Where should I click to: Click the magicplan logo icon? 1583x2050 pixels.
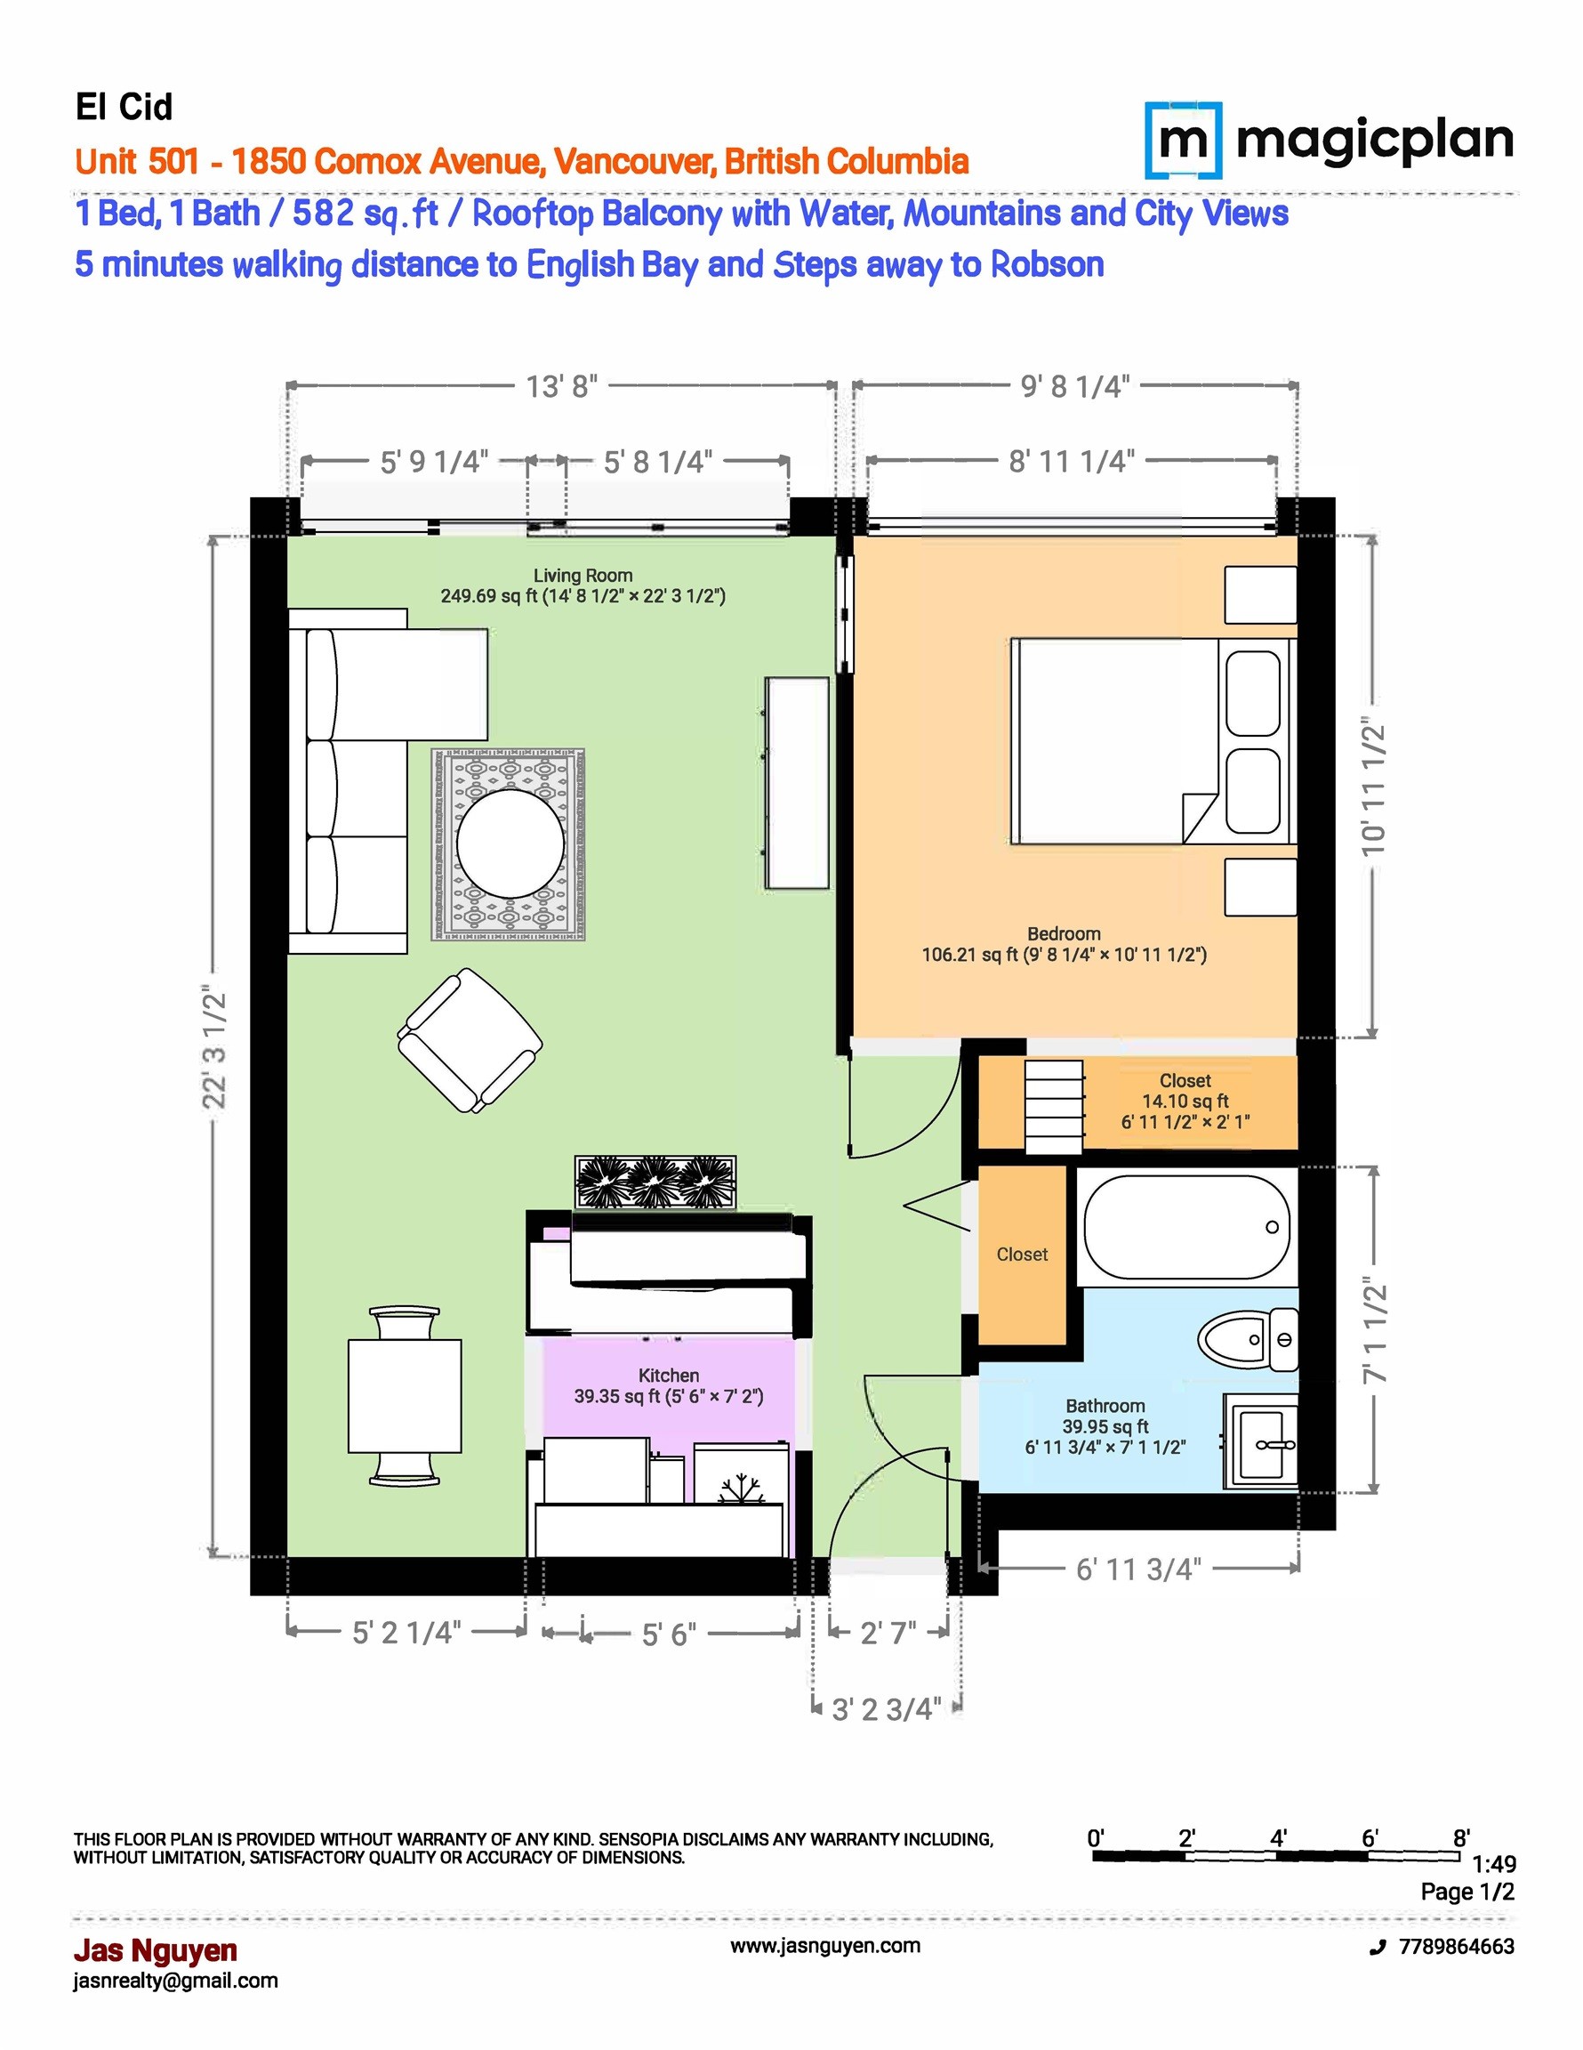pyautogui.click(x=1185, y=141)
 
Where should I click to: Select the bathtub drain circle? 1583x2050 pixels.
pyautogui.click(x=1273, y=1227)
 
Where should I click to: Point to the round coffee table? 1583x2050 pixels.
pyautogui.click(x=510, y=843)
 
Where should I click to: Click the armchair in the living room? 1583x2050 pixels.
pyautogui.click(x=470, y=1041)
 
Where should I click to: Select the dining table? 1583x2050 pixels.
pyautogui.click(x=405, y=1396)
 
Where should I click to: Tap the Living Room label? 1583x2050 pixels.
pyautogui.click(x=583, y=576)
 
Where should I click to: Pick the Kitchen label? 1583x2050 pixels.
pyautogui.click(x=668, y=1375)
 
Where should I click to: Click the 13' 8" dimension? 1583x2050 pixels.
pyautogui.click(x=561, y=386)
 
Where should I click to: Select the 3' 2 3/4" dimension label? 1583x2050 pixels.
pyautogui.click(x=887, y=1709)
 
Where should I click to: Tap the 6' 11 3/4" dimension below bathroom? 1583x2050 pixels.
pyautogui.click(x=1138, y=1570)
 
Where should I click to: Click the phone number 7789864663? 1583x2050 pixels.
pyautogui.click(x=1457, y=1947)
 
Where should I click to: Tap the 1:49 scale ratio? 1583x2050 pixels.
pyautogui.click(x=1494, y=1864)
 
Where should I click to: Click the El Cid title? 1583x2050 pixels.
pyautogui.click(x=124, y=107)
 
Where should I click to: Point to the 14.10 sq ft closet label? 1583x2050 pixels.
pyautogui.click(x=1185, y=1101)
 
